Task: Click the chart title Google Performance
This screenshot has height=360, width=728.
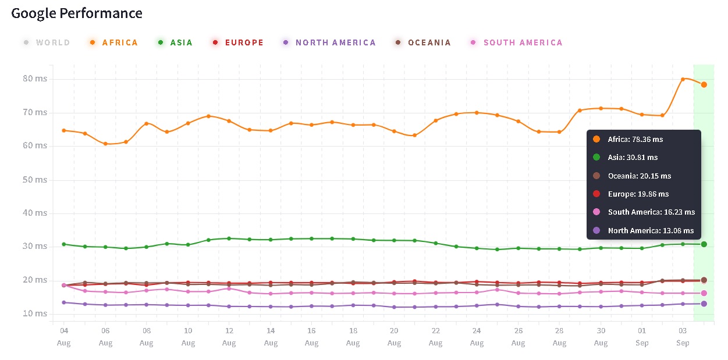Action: [x=77, y=13]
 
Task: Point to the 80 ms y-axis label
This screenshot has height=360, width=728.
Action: [x=35, y=79]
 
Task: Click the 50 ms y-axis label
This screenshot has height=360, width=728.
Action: [x=35, y=180]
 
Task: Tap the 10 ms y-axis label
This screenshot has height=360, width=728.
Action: [x=35, y=313]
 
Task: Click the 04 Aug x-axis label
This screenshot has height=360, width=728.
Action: [x=64, y=336]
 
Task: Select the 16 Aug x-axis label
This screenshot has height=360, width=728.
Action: [x=312, y=336]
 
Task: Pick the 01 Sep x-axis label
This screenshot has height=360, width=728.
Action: [x=642, y=336]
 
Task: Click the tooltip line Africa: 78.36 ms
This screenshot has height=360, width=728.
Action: [x=635, y=140]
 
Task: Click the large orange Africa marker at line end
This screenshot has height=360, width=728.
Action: [x=704, y=85]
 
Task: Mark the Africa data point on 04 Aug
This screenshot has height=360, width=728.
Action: [x=64, y=130]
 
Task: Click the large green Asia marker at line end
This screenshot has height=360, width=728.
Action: [x=704, y=244]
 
